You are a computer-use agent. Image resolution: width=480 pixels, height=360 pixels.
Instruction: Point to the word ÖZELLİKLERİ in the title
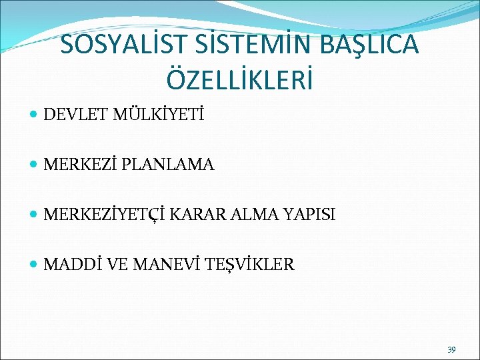pyautogui.click(x=240, y=79)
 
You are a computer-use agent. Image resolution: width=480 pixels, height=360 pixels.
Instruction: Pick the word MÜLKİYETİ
pyautogui.click(x=159, y=115)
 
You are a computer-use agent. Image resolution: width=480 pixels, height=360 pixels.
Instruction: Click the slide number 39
pyautogui.click(x=451, y=349)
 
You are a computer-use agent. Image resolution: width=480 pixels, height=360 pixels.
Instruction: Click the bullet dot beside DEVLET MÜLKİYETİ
pyautogui.click(x=34, y=116)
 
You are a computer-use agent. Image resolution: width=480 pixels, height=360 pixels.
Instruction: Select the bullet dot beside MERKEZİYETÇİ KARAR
pyautogui.click(x=34, y=215)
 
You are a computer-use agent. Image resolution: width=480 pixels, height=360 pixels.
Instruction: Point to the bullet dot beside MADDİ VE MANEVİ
pyautogui.click(x=34, y=265)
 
